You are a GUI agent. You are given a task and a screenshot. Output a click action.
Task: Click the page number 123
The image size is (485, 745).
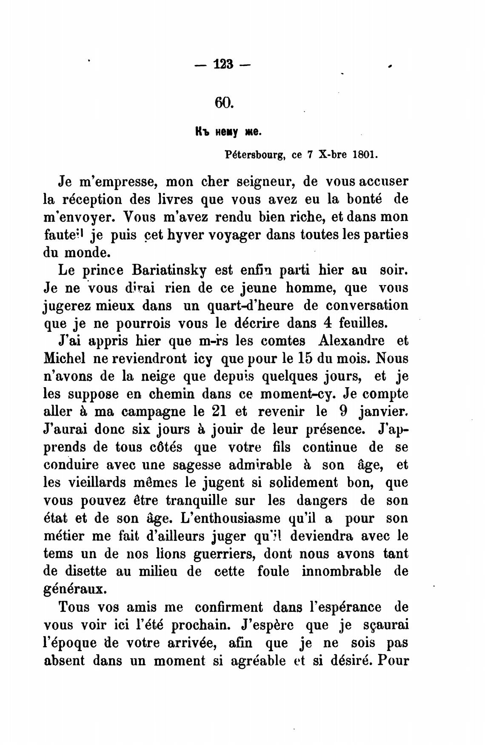224,65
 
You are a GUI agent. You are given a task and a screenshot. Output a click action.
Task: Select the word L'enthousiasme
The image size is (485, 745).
230,519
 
